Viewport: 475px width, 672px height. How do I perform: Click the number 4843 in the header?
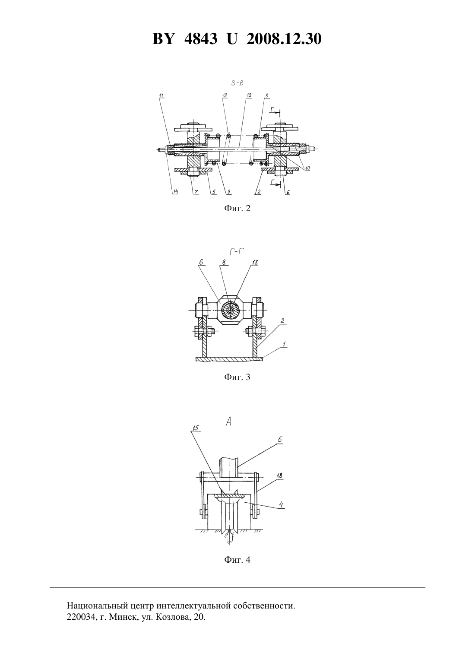pyautogui.click(x=200, y=39)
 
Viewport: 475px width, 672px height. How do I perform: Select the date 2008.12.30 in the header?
pyautogui.click(x=284, y=39)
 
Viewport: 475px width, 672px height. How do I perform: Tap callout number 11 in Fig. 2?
pyautogui.click(x=161, y=96)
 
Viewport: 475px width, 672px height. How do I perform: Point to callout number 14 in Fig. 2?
pyautogui.click(x=175, y=192)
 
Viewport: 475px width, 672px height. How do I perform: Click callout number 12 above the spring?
pyautogui.click(x=225, y=95)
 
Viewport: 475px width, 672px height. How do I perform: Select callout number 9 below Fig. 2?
pyautogui.click(x=228, y=192)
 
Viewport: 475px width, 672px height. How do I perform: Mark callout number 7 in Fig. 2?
pyautogui.click(x=196, y=192)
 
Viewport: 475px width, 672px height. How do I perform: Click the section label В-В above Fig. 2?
pyautogui.click(x=237, y=83)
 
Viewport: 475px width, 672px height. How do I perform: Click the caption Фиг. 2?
pyautogui.click(x=237, y=208)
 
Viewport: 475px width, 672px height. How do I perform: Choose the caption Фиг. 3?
pyautogui.click(x=237, y=377)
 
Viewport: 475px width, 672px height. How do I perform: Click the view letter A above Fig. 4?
pyautogui.click(x=228, y=422)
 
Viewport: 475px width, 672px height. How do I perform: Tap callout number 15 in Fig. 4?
pyautogui.click(x=196, y=428)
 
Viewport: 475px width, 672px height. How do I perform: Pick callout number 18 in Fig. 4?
pyautogui.click(x=279, y=476)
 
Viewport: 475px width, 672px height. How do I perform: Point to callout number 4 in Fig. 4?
pyautogui.click(x=281, y=504)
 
